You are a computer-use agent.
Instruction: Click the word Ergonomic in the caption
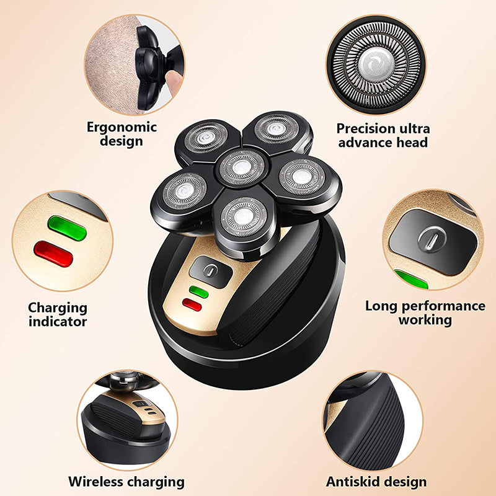click(113, 128)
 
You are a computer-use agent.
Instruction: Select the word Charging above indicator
click(58, 308)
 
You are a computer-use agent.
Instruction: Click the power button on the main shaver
click(211, 270)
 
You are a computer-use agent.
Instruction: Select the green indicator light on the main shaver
click(199, 291)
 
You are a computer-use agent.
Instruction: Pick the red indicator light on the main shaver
click(192, 304)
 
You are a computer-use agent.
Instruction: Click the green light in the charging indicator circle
click(66, 228)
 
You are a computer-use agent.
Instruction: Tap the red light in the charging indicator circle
click(53, 254)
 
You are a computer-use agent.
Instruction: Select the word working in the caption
click(425, 320)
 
